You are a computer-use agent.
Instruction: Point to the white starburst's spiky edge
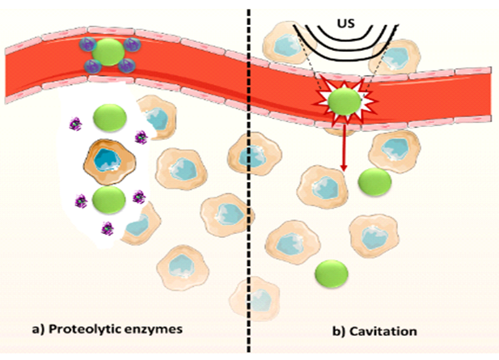click(323, 97)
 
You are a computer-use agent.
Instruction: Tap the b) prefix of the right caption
click(340, 332)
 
